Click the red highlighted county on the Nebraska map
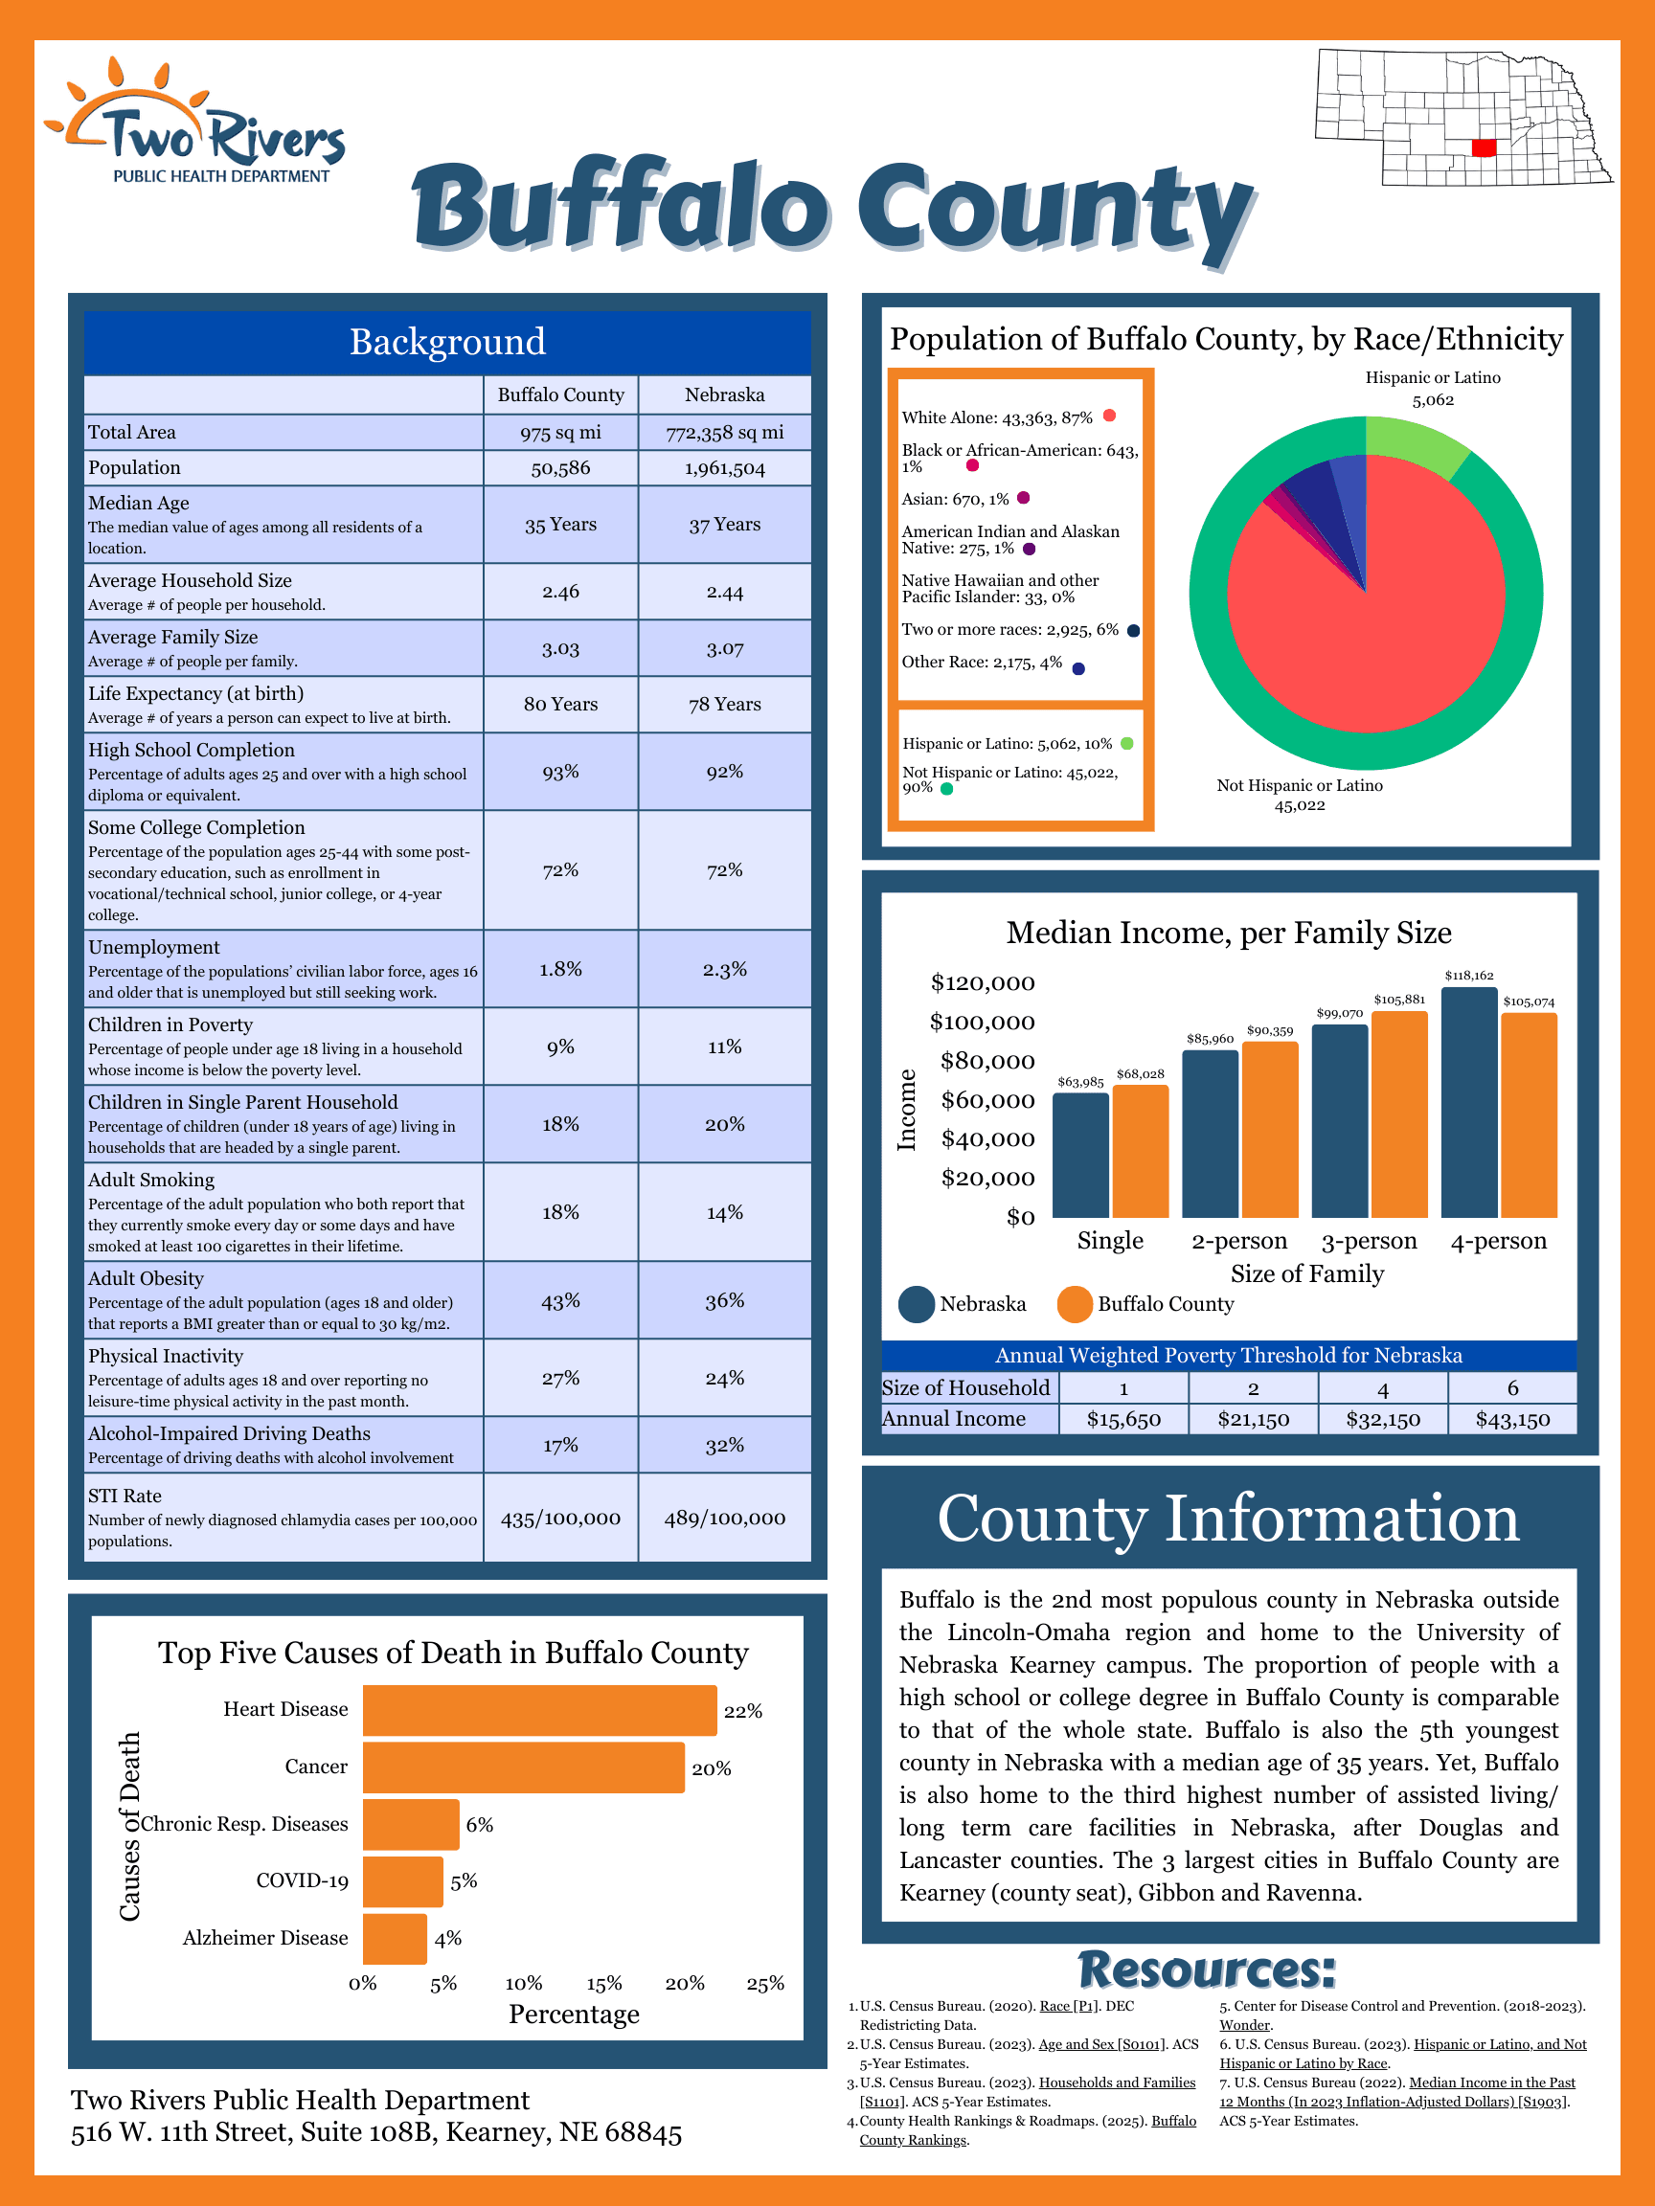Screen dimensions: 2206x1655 [1484, 147]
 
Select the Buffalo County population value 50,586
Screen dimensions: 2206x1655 [560, 468]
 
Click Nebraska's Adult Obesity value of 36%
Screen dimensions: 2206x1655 [724, 1300]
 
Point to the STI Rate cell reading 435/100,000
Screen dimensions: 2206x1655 [560, 1518]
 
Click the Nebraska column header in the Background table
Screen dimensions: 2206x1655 [724, 394]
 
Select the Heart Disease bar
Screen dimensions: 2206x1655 [538, 1710]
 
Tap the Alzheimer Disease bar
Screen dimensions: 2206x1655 [394, 1939]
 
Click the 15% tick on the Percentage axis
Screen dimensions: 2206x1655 [604, 1984]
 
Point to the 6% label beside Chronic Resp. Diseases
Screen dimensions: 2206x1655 [479, 1824]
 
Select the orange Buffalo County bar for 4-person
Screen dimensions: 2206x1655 [1529, 1114]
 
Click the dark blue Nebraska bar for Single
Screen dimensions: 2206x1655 [1080, 1155]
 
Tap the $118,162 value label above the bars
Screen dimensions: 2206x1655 [1469, 976]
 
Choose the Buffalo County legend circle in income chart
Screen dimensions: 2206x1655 [1076, 1304]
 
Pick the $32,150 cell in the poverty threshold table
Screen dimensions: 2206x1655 [1383, 1419]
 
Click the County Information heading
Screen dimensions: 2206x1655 [1228, 1519]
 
